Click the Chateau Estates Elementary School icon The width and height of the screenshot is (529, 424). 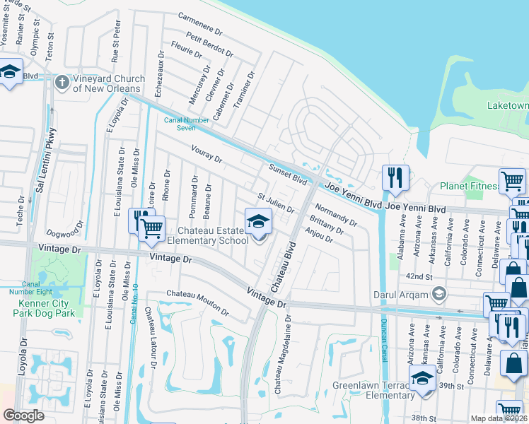pyautogui.click(x=258, y=222)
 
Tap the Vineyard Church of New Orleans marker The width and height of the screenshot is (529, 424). pyautogui.click(x=62, y=83)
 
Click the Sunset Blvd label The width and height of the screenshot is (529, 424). pyautogui.click(x=288, y=174)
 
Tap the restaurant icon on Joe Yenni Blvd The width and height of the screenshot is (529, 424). pyautogui.click(x=395, y=178)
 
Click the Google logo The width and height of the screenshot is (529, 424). pyautogui.click(x=23, y=416)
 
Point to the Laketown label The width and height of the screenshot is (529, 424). pyautogui.click(x=507, y=106)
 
